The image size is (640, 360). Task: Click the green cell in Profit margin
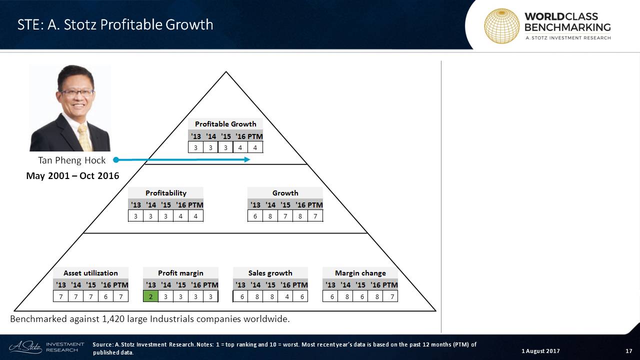[150, 296]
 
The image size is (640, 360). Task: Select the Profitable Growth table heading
[225, 124]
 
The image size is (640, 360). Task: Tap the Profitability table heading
[165, 193]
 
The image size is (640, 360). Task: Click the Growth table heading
[285, 193]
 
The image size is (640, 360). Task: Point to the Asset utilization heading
[90, 273]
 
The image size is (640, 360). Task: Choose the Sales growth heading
[270, 273]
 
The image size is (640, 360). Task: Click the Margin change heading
[360, 273]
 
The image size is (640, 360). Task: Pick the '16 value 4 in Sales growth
[287, 296]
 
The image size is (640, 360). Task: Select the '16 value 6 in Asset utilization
[105, 296]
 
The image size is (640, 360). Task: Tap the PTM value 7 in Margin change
[392, 296]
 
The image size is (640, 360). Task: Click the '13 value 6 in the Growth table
[255, 216]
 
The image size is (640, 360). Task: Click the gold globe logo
[501, 26]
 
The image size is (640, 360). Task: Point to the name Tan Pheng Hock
[71, 160]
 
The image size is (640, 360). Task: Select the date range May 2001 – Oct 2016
[72, 175]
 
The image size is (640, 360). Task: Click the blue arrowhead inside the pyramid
[247, 159]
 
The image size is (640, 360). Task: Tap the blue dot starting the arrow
[116, 159]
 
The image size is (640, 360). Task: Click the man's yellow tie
[84, 137]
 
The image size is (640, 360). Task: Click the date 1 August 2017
[540, 351]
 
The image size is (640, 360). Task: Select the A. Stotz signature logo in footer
[25, 347]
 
